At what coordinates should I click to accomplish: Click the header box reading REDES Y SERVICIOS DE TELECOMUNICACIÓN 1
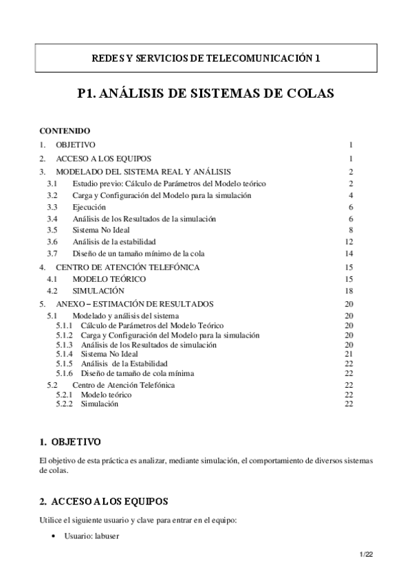(x=206, y=58)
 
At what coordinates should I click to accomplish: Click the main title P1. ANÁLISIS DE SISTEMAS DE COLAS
(x=206, y=94)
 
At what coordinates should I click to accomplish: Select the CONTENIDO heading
(x=65, y=131)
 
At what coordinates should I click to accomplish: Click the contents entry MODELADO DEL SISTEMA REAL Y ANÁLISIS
(x=143, y=171)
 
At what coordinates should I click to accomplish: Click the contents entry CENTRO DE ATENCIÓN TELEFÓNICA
(x=128, y=267)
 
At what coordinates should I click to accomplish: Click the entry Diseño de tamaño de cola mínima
(x=138, y=373)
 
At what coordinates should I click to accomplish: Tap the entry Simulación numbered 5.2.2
(x=100, y=404)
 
